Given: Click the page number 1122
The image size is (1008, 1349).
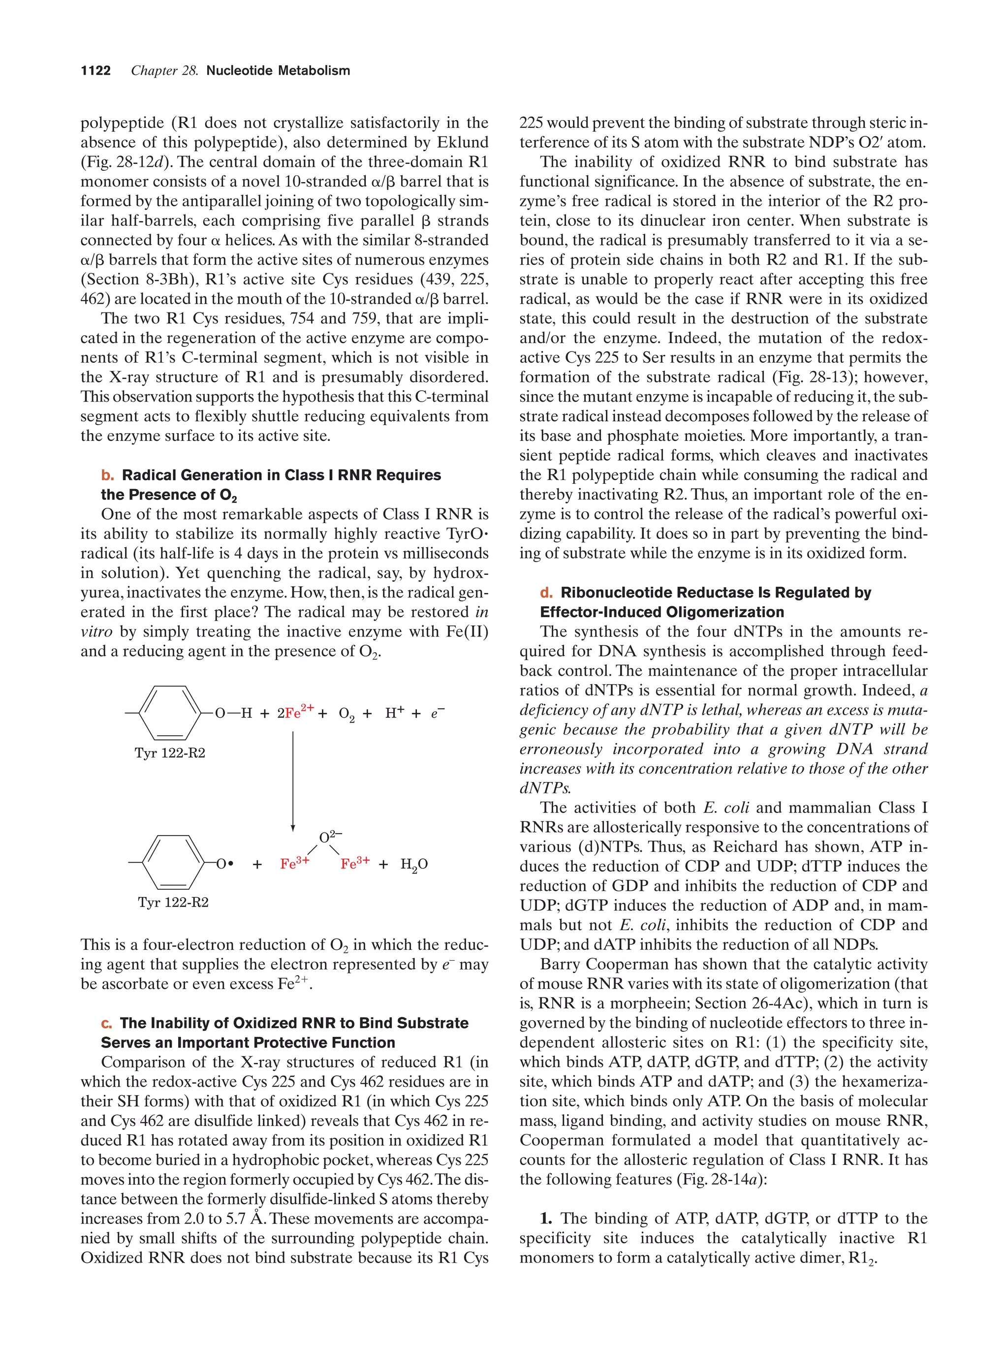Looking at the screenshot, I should (x=96, y=71).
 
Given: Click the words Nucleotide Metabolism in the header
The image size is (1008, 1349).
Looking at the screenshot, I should (x=278, y=71).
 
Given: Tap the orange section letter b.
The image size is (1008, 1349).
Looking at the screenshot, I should (x=107, y=475).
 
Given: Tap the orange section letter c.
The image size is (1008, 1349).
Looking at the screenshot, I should (x=107, y=1023).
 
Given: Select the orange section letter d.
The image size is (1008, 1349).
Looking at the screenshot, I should (x=546, y=593).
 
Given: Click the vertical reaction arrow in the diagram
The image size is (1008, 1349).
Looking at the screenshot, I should (x=293, y=781).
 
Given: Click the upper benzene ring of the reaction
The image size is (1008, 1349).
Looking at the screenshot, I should (x=170, y=712).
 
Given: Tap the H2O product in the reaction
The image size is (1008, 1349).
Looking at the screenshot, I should (x=414, y=865).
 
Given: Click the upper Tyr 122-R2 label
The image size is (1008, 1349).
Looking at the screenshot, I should (x=170, y=753).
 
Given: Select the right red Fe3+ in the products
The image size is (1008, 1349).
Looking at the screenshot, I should (x=355, y=864).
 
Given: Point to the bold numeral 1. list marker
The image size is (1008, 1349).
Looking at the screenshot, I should (x=546, y=1219).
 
